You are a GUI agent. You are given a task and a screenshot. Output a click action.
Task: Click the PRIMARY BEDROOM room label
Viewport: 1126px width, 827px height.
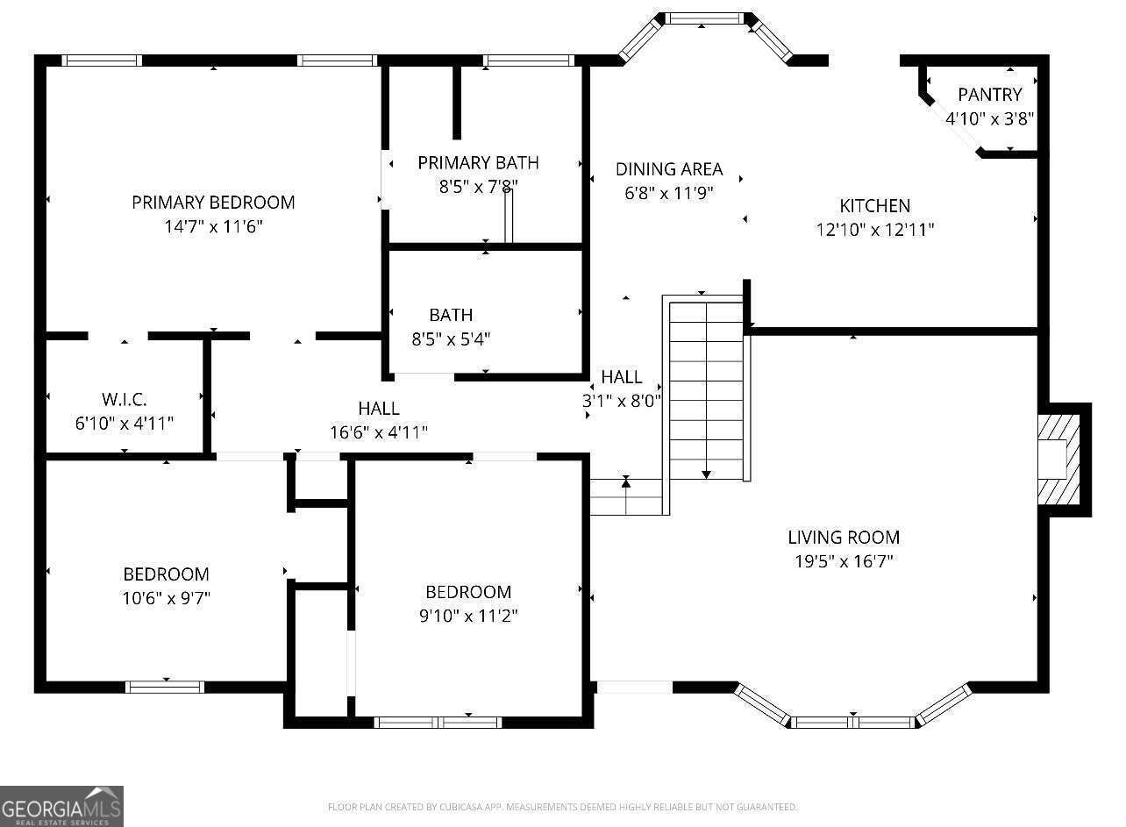[x=213, y=203]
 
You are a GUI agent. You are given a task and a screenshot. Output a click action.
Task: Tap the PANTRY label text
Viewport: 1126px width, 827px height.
[x=989, y=95]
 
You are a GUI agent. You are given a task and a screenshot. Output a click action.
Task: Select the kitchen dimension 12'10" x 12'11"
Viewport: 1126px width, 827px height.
[x=874, y=231]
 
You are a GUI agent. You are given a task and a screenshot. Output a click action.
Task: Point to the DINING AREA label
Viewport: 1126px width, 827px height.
[x=669, y=169]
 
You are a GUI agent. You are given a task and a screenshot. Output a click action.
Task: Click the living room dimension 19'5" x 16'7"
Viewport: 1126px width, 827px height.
[x=844, y=561]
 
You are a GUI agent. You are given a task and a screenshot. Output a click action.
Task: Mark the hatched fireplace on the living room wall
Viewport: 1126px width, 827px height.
[x=1058, y=460]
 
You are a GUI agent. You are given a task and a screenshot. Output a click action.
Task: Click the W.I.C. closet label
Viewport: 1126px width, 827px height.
[x=125, y=400]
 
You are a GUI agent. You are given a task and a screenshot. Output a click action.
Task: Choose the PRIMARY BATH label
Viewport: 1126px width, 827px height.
[x=478, y=163]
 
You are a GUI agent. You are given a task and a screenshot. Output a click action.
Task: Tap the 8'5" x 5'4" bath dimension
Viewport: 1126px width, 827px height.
[x=451, y=339]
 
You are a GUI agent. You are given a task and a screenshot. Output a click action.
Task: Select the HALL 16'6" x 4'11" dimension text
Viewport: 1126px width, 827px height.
[x=379, y=432]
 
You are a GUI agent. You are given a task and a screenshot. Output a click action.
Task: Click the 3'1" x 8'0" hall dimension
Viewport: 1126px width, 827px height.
[x=621, y=401]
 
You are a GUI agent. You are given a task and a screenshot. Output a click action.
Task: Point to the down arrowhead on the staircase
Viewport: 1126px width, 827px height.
[x=706, y=474]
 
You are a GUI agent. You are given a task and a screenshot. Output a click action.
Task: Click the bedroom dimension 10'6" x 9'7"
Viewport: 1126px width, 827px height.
[x=166, y=598]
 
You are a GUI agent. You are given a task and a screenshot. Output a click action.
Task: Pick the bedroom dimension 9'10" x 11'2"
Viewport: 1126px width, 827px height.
[x=468, y=616]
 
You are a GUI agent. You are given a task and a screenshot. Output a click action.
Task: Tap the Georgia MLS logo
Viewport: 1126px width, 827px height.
[x=61, y=806]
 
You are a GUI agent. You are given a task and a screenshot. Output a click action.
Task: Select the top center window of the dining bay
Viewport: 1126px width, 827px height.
[x=706, y=18]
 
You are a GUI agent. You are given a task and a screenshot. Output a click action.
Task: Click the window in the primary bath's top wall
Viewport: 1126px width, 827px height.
[x=528, y=61]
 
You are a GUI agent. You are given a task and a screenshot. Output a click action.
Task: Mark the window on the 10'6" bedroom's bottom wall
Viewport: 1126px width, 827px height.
[x=165, y=687]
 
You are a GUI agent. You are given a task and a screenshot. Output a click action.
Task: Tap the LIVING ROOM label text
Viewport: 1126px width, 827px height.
[x=844, y=538]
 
